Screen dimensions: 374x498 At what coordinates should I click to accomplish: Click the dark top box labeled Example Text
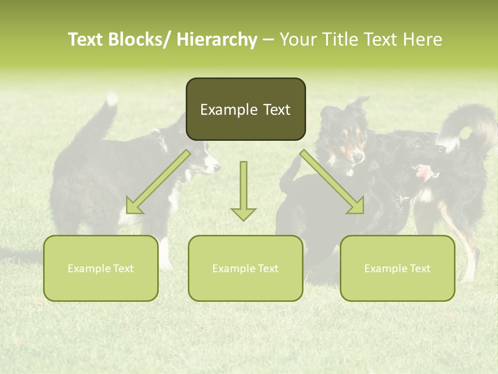(x=245, y=109)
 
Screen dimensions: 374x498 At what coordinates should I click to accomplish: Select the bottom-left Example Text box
(x=101, y=268)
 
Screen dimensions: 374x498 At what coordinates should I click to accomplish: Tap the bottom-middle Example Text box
(x=245, y=268)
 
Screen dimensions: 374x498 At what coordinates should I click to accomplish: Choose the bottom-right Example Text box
(x=397, y=268)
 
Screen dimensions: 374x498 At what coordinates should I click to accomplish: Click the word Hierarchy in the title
(x=216, y=39)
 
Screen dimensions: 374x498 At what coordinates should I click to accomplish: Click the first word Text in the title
(x=87, y=39)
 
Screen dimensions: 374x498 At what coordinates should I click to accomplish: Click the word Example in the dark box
(x=222, y=110)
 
